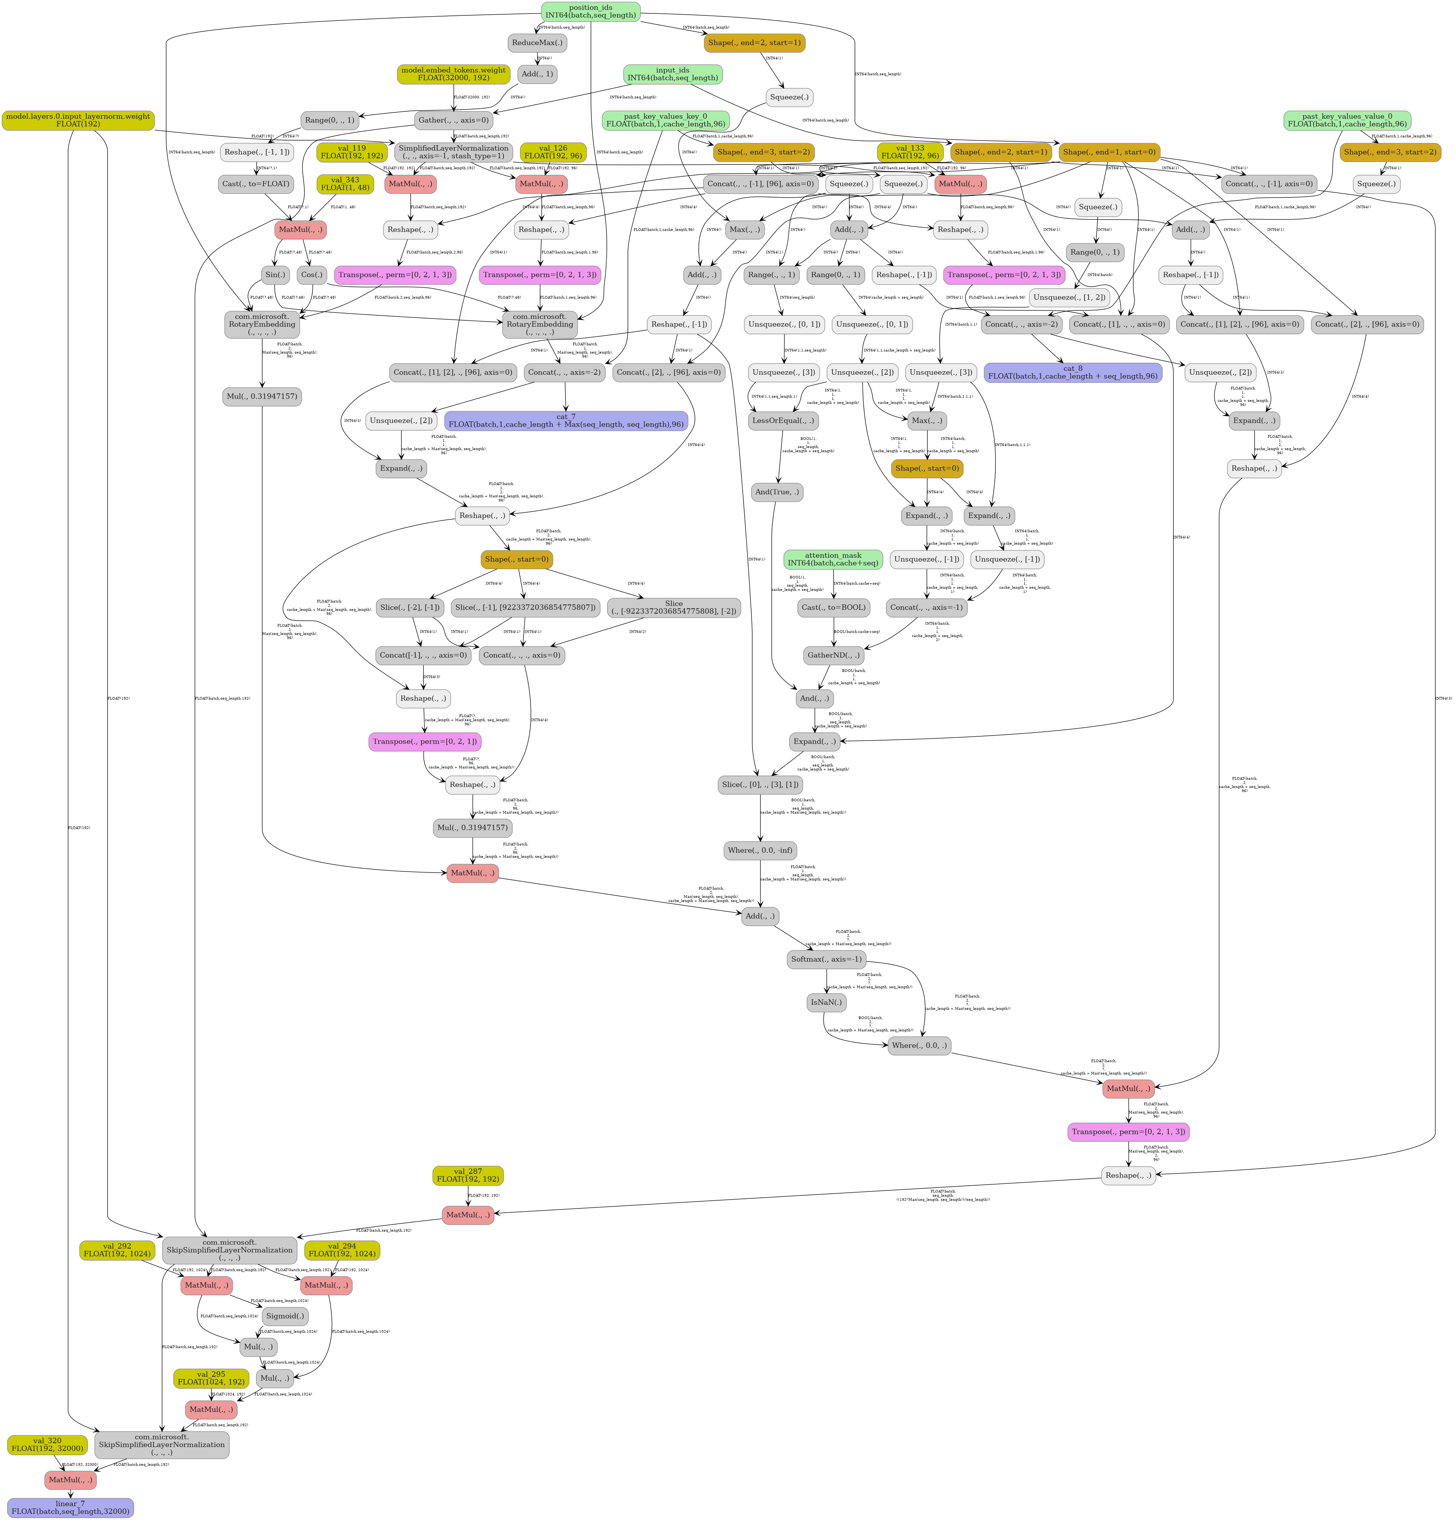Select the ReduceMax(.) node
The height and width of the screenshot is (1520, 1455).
pyautogui.click(x=537, y=43)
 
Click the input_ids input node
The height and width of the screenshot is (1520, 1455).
pyautogui.click(x=673, y=74)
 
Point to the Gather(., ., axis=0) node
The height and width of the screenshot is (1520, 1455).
pyautogui.click(x=453, y=120)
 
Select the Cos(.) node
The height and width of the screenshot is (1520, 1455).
pyautogui.click(x=312, y=275)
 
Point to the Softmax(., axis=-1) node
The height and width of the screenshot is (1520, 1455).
pyautogui.click(x=826, y=959)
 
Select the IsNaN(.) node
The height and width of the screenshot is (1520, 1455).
pyautogui.click(x=826, y=1002)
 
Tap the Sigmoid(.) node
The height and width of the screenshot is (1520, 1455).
pyautogui.click(x=285, y=1316)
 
